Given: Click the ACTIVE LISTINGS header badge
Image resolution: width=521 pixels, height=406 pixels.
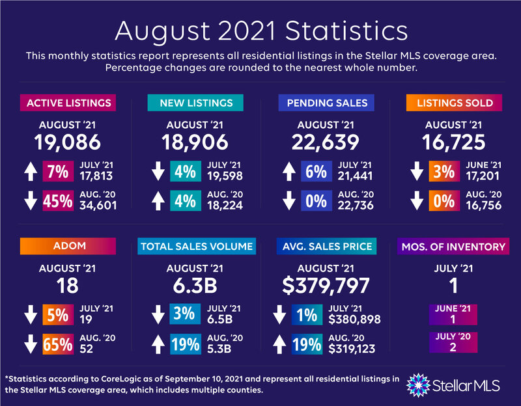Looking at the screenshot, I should (68, 103).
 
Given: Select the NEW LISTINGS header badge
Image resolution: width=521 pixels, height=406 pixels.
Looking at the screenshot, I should (195, 103).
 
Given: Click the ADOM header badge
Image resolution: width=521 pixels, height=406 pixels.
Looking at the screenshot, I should (68, 247).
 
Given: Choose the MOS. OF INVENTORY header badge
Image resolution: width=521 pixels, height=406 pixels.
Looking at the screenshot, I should (454, 247).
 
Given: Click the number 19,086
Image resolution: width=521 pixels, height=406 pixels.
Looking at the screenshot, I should (68, 141).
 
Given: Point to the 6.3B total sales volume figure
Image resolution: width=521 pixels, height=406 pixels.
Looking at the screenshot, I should (195, 285).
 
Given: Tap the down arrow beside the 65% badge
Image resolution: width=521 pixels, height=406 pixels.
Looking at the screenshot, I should (29, 344).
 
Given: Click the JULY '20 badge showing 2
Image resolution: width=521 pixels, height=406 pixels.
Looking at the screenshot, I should (454, 342).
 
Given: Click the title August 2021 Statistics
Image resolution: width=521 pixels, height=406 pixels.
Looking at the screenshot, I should (260, 31).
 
